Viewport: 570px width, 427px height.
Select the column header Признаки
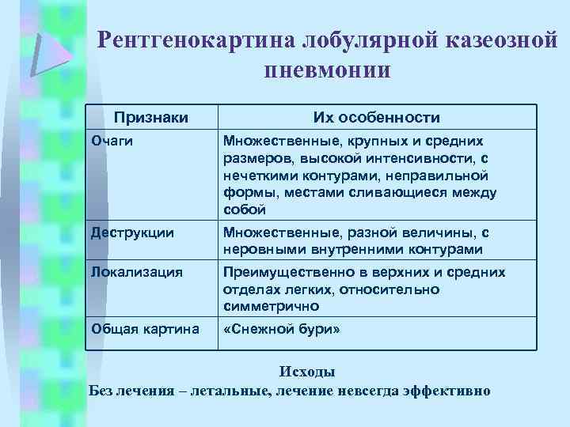coord(151,118)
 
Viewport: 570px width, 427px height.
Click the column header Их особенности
coord(376,118)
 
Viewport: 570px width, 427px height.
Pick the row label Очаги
coord(112,141)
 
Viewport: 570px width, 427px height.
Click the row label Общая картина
coord(145,328)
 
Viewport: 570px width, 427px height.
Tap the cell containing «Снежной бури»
coord(282,328)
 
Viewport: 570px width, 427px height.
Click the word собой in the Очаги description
coord(245,210)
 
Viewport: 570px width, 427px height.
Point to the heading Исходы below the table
coord(307,372)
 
